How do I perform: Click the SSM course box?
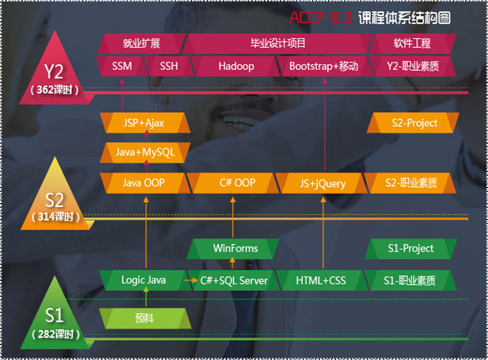(122, 66)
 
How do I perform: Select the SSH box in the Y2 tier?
(169, 66)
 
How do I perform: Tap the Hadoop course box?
(236, 66)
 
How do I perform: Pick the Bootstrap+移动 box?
(324, 66)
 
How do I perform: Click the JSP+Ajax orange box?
(145, 123)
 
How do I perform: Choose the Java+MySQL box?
(145, 152)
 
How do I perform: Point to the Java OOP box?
(145, 183)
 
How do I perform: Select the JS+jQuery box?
(322, 183)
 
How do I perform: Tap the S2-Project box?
(413, 123)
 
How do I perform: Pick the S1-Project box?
(411, 249)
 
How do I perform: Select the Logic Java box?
(145, 280)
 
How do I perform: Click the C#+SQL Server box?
(233, 280)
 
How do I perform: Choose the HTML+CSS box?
(321, 280)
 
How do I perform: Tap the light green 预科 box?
(145, 318)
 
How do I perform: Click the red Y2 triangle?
(55, 75)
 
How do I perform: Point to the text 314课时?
(56, 217)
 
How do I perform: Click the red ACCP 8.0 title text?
(321, 17)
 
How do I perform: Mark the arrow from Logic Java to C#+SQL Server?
(190, 281)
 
